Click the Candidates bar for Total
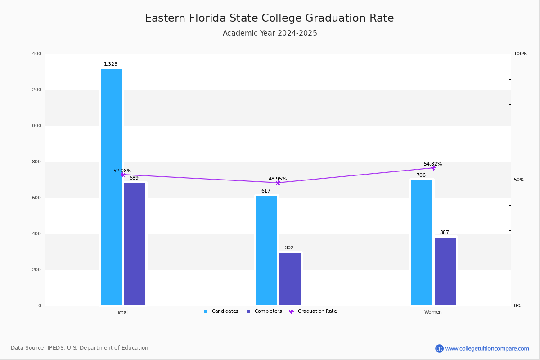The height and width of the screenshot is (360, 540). pos(111,187)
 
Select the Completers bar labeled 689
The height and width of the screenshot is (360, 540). pos(135,244)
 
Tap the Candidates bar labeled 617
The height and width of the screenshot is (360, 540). pos(266,251)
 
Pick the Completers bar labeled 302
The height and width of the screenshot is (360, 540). pos(290,279)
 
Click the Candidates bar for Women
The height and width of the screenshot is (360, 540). pos(422,243)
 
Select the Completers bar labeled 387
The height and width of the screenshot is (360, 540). pos(445,271)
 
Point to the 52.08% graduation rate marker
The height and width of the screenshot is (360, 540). pos(122,175)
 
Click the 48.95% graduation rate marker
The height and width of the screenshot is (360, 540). pos(278,183)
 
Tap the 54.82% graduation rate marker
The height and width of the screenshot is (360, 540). pos(433,168)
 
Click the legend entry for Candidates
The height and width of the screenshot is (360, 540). pos(221,311)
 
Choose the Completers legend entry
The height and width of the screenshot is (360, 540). pos(264,311)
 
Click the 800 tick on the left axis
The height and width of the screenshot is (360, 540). pos(36,162)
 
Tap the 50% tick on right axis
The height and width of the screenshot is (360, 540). pos(519,180)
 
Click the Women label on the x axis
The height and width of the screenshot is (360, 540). pos(433,312)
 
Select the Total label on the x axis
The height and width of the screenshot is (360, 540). pos(122,312)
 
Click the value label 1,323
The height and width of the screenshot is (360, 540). pos(111,64)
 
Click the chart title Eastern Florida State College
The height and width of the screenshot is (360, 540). pos(269,18)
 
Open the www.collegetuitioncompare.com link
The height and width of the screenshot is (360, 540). pos(487,348)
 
